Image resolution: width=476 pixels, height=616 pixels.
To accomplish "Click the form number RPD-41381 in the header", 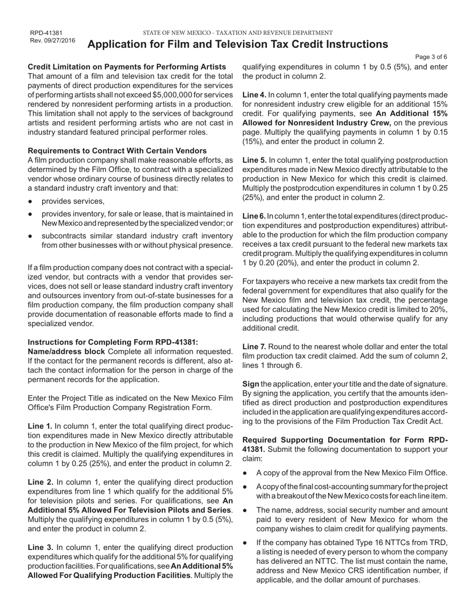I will coord(46,33).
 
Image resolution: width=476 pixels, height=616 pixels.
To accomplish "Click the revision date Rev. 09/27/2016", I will coord(53,41).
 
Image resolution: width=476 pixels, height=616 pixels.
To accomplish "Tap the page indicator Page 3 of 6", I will coord(431,57).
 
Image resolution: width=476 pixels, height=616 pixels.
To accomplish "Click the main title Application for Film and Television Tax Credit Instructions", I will coord(237,44).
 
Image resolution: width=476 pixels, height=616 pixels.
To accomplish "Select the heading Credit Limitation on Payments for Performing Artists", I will coord(127,67).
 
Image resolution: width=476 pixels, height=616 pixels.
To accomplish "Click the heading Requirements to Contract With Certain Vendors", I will coord(117,151).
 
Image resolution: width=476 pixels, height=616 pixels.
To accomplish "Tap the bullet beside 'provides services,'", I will coord(31,202).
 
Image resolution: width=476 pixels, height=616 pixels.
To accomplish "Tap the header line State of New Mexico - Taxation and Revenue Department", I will coord(237,33).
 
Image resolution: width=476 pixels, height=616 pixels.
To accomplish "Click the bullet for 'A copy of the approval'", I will coord(245,473).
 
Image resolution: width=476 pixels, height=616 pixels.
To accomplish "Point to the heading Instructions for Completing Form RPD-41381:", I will coord(113,343).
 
